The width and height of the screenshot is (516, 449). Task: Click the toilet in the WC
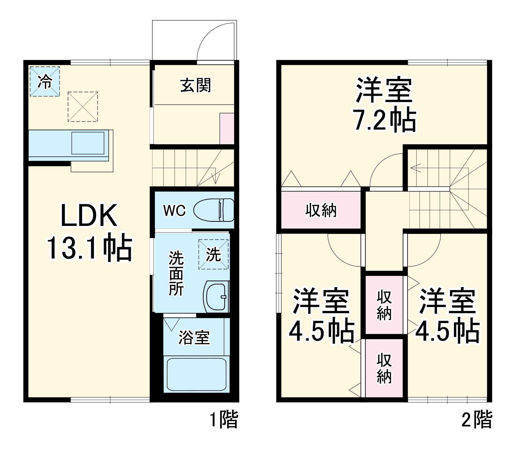point(214,210)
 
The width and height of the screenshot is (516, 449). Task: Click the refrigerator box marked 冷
point(45,82)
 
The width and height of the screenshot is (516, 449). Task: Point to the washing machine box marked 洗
point(213,254)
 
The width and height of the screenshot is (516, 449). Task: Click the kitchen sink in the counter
point(88,143)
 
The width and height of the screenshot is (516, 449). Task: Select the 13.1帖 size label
point(89,247)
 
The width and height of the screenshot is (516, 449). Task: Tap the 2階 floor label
point(477,420)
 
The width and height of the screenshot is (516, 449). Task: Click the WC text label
point(174,211)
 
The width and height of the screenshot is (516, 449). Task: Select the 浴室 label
point(194,337)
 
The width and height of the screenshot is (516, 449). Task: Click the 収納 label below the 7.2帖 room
point(321,210)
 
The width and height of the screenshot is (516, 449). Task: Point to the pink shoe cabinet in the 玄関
point(227,128)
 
